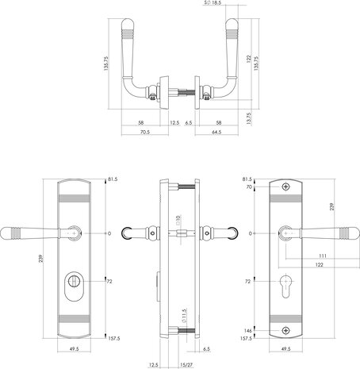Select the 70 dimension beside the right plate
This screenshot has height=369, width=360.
(x=248, y=188)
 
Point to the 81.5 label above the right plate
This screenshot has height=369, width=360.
(x=247, y=180)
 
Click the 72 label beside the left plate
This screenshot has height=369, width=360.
(x=110, y=281)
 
